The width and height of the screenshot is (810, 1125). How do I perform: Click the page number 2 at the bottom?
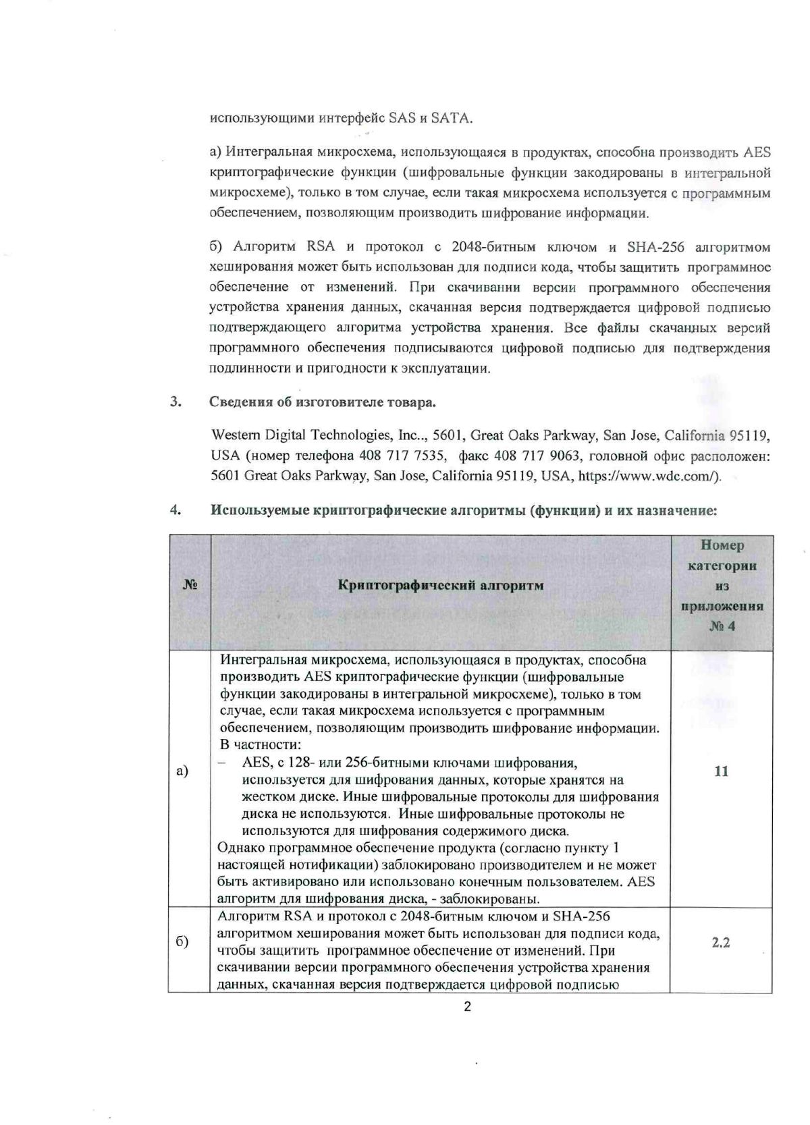tap(467, 1008)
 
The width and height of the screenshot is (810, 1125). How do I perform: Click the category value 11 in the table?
tap(721, 771)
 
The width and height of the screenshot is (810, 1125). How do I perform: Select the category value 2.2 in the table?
tap(721, 943)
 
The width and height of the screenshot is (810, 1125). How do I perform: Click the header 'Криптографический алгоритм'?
tap(441, 585)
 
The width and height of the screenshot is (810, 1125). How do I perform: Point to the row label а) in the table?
tap(182, 771)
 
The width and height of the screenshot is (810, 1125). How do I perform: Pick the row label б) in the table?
tap(182, 942)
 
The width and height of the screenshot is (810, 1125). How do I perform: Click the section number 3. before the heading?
tap(177, 402)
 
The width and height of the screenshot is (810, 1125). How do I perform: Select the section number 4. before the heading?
tap(177, 510)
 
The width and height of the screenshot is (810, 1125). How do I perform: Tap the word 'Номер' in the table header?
tap(722, 545)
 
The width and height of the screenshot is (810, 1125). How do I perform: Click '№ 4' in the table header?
tap(722, 626)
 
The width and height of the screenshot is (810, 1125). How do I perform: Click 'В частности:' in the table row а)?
tap(261, 745)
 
